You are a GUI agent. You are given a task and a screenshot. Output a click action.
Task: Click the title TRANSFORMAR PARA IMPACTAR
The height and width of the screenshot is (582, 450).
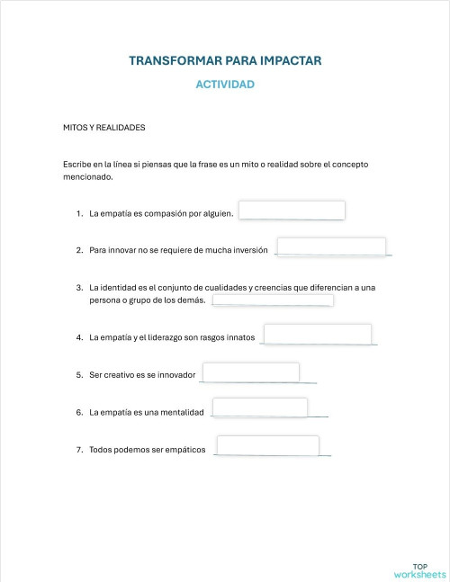point(225,61)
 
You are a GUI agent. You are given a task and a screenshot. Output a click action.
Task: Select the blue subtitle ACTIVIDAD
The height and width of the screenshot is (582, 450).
point(225,85)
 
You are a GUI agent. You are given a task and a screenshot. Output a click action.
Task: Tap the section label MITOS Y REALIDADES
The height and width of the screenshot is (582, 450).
point(104,128)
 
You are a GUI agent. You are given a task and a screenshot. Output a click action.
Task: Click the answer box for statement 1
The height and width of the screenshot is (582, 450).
point(292,210)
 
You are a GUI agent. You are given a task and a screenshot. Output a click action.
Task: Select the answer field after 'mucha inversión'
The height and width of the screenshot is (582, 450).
point(331,246)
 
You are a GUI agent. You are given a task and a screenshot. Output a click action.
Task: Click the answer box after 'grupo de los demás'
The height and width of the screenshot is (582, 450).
point(273,300)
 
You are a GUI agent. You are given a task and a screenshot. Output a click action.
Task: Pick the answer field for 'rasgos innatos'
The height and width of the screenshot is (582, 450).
point(318,334)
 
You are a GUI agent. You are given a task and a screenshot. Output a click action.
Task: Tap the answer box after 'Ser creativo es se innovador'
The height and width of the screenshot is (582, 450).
point(251,372)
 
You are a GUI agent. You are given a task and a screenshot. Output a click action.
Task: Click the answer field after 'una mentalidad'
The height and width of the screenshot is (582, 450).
point(259,408)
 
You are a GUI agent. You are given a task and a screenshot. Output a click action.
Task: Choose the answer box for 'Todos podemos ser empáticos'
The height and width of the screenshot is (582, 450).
point(268,445)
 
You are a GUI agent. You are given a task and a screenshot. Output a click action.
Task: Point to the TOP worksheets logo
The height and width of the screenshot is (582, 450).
point(419,569)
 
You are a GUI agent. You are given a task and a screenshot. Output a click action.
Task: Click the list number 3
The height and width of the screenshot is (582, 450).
point(79,287)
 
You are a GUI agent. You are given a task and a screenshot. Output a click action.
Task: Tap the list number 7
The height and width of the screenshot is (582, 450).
point(79,450)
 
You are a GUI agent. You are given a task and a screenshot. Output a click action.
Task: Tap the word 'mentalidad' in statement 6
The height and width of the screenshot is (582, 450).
point(183,412)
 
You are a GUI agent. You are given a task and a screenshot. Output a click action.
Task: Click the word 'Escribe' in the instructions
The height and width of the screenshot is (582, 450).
point(76,165)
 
